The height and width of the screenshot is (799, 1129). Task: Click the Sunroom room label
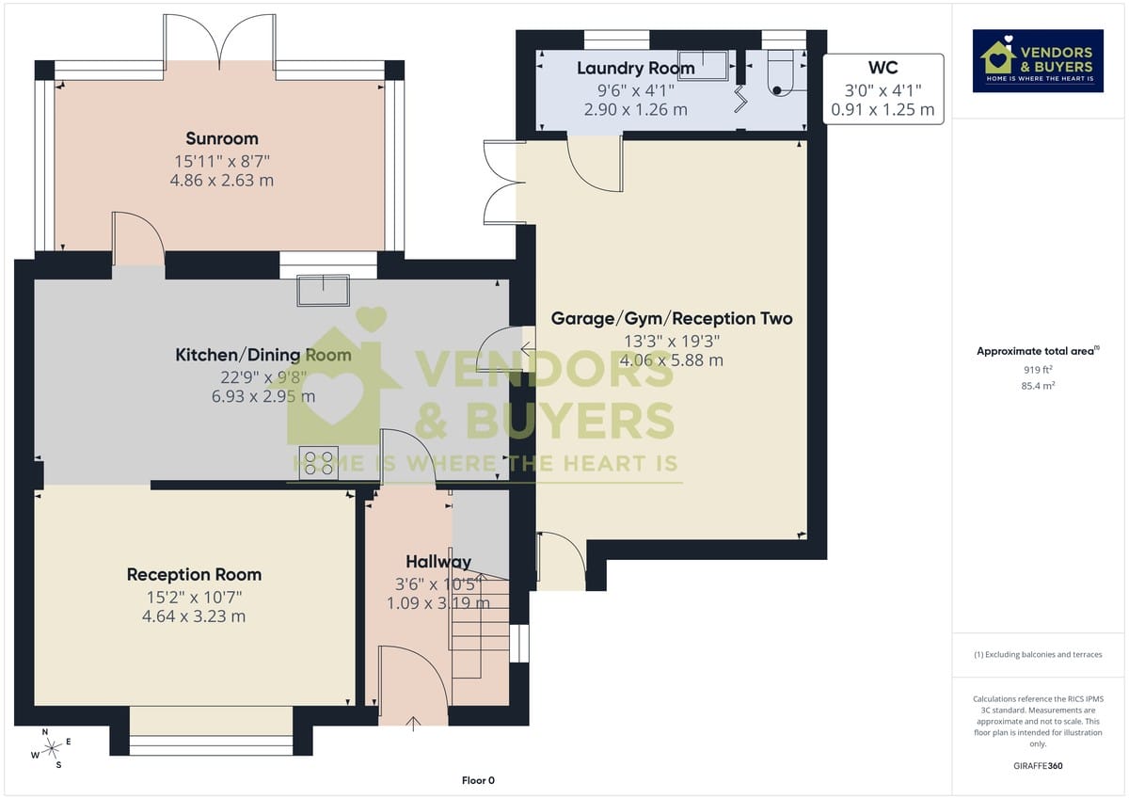point(222,139)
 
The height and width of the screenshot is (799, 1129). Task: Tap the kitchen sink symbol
point(323,290)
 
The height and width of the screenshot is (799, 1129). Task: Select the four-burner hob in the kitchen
point(319,463)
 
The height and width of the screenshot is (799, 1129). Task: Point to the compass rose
point(52,748)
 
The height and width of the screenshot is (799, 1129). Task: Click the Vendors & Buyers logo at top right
point(1039,61)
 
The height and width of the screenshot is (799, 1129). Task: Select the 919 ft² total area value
point(1039,370)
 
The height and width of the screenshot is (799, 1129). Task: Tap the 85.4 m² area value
point(1039,386)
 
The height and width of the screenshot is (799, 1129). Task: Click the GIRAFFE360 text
point(1039,766)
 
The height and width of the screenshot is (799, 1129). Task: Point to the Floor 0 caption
point(478,780)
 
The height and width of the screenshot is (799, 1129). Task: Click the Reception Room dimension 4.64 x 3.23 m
point(194,616)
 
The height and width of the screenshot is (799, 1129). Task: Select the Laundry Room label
point(635,68)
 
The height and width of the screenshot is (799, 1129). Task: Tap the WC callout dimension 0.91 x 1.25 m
point(883,110)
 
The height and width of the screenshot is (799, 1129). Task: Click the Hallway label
point(438,562)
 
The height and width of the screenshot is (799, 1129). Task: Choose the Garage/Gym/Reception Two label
point(672,318)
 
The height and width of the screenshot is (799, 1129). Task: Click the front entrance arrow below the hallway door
point(413,722)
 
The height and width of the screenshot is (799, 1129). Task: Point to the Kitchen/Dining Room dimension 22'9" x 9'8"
point(263,376)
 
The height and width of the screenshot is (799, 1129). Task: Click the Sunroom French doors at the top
point(220,42)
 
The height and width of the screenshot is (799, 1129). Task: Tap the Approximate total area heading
point(1037,351)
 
